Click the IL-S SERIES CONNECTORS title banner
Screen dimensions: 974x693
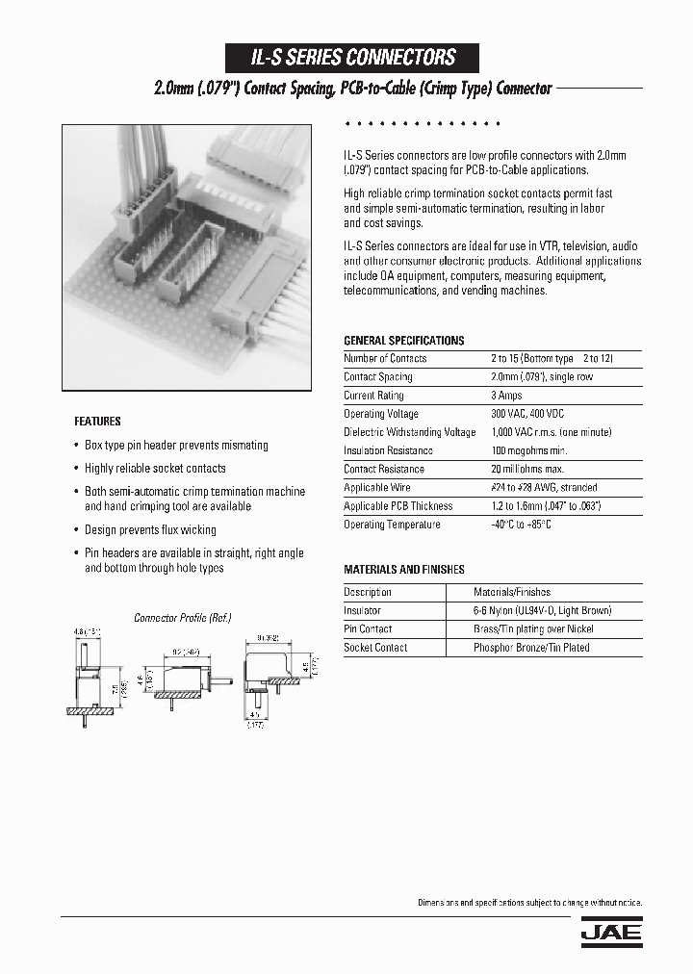point(352,58)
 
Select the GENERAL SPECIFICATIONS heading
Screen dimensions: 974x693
point(403,341)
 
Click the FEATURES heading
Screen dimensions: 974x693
point(98,422)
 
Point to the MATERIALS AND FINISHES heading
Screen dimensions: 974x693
point(404,570)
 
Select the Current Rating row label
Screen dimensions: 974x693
point(373,396)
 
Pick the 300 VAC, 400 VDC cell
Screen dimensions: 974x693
point(527,414)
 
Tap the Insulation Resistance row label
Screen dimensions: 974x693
point(388,450)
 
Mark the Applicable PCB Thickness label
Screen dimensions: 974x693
point(398,506)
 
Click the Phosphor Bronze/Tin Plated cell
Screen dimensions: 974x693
point(531,648)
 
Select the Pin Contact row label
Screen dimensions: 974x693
point(368,629)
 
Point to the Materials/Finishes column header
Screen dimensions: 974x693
point(511,593)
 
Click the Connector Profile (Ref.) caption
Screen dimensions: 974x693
point(182,618)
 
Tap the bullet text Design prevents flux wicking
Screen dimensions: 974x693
point(150,530)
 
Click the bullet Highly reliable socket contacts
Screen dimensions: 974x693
point(155,469)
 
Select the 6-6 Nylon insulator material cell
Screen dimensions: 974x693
point(542,611)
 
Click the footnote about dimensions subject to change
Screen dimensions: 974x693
point(529,903)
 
